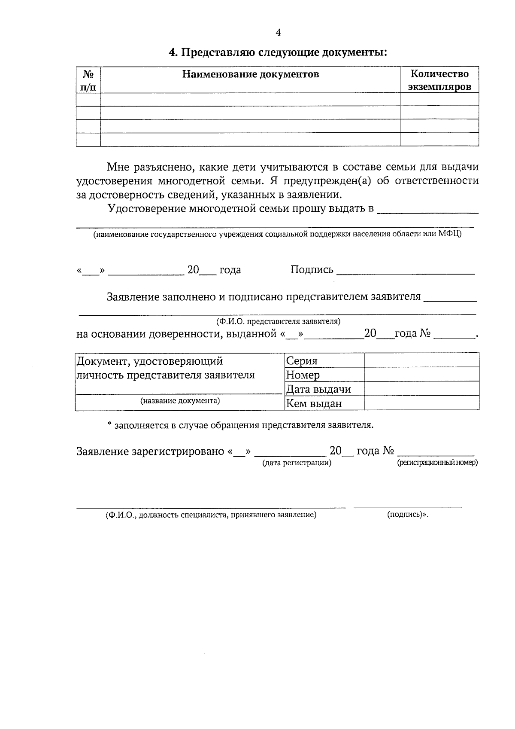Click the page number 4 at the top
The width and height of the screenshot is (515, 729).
tap(278, 33)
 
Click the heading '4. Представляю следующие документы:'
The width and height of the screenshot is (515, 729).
tap(278, 53)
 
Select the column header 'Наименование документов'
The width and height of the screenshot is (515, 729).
tap(251, 74)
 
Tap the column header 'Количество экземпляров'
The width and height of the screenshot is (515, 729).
tap(439, 80)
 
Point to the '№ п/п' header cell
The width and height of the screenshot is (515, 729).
tap(88, 80)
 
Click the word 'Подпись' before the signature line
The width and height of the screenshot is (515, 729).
tap(312, 269)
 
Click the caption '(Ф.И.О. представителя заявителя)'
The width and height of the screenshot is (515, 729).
tap(278, 321)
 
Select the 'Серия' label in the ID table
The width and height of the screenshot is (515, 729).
tap(302, 361)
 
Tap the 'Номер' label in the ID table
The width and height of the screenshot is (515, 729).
tap(303, 375)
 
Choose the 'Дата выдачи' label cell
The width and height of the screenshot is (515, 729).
tap(318, 389)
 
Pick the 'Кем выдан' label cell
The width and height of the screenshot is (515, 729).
tap(314, 403)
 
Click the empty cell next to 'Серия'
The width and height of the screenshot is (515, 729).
tap(421, 360)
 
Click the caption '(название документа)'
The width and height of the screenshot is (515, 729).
tap(180, 401)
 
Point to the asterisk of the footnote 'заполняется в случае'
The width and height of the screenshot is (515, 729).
tap(109, 424)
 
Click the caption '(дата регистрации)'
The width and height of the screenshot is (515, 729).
tap(297, 463)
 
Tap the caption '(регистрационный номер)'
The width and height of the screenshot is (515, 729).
tap(437, 463)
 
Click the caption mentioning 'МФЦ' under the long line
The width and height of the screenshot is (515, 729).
tap(278, 234)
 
